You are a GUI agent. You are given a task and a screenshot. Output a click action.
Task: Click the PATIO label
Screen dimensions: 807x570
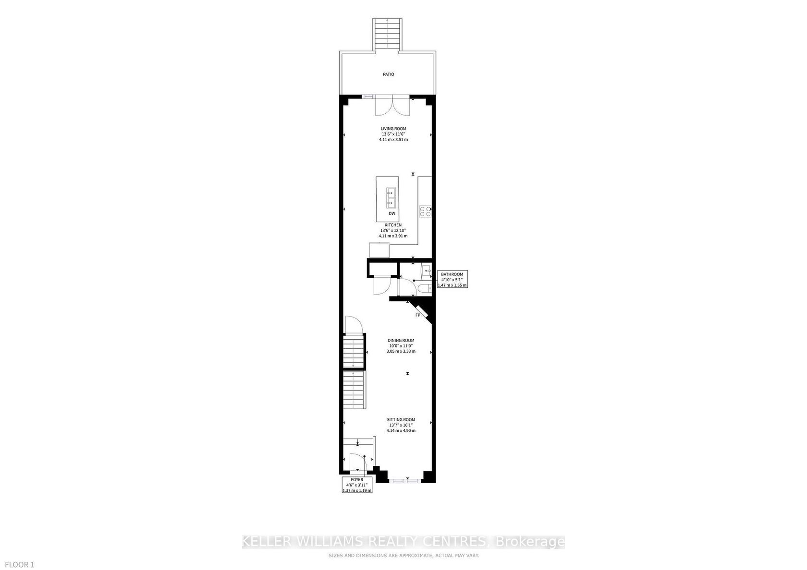388,74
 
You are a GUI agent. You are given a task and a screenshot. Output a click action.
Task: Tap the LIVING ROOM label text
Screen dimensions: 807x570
393,129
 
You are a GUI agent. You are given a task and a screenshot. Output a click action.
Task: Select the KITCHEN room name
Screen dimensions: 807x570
393,226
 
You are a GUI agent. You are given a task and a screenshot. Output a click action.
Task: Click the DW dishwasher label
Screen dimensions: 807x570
392,214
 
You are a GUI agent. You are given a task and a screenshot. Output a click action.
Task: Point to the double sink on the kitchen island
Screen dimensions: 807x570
391,198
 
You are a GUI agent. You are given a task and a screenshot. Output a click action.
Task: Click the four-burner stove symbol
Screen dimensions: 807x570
425,211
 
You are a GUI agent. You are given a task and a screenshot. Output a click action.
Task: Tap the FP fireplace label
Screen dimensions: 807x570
418,315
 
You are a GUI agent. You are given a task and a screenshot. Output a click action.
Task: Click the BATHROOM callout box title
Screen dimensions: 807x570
452,274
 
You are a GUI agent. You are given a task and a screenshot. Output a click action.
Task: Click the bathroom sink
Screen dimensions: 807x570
427,270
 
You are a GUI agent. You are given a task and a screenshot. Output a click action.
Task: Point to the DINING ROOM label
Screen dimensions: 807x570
401,341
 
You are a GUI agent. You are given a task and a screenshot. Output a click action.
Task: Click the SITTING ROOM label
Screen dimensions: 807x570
401,419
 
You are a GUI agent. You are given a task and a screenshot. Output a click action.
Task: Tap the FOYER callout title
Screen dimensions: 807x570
357,480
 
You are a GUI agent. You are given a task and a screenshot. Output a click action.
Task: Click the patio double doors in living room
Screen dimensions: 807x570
392,106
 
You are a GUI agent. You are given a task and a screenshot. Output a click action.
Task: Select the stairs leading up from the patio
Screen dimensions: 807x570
387,36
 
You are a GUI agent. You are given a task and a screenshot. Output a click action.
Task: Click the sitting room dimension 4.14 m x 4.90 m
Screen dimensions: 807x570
401,431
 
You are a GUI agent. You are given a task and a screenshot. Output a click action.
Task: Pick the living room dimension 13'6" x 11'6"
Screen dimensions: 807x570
393,134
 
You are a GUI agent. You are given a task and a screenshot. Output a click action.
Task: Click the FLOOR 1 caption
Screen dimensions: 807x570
19,565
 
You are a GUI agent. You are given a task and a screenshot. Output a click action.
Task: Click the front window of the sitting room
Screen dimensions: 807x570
405,480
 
